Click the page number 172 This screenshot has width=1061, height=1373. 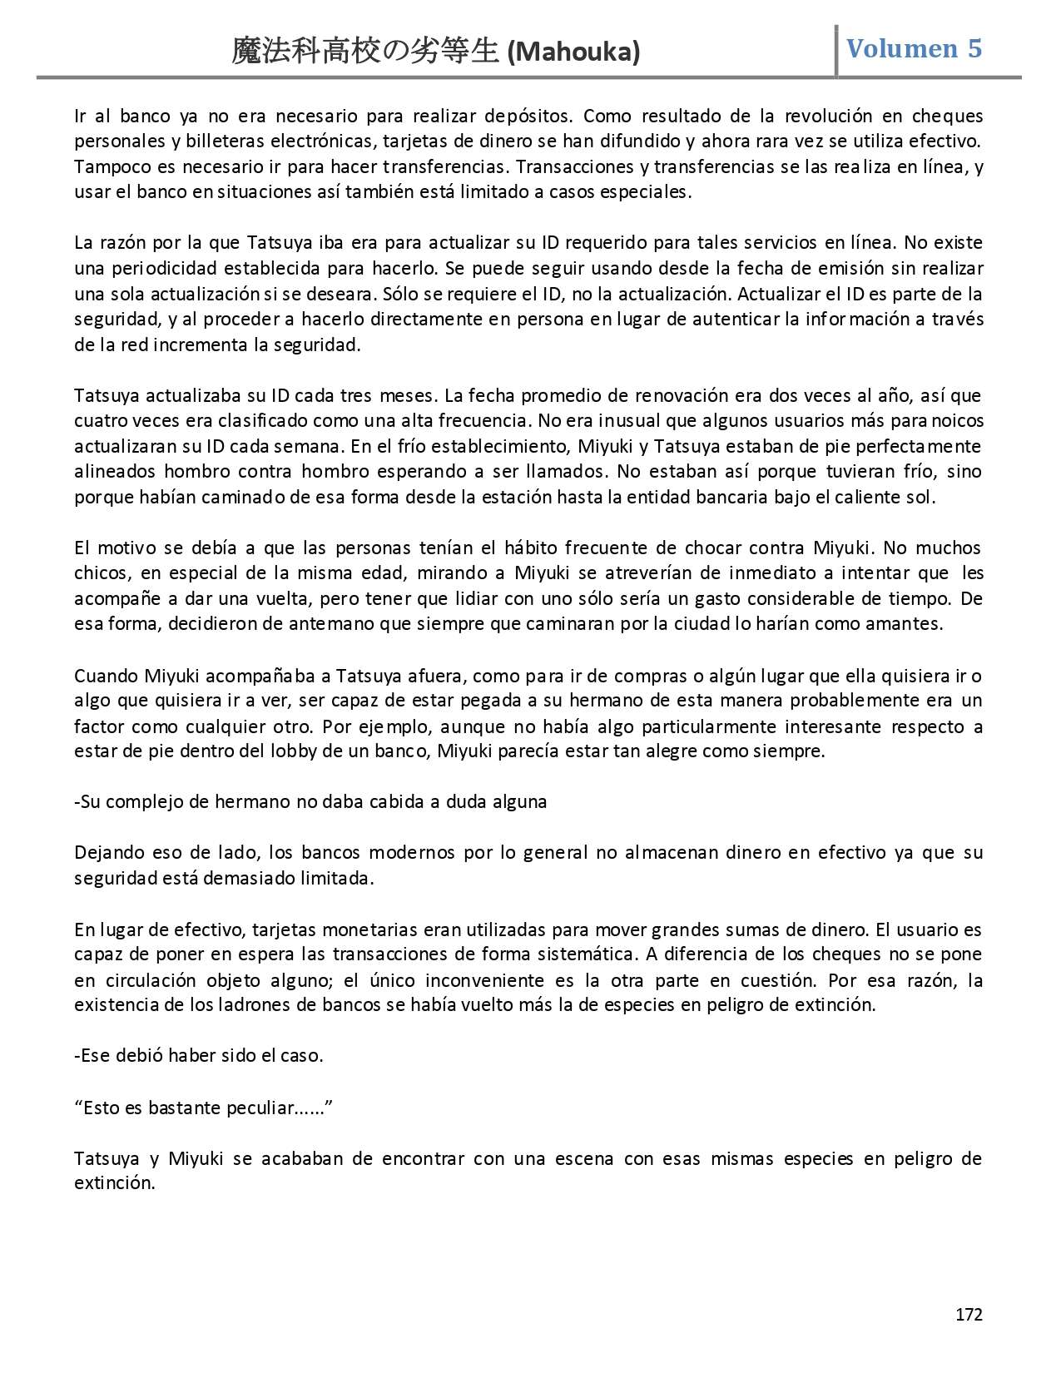(969, 1314)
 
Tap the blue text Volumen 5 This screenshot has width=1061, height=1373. (914, 49)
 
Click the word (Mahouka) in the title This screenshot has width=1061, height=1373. (573, 52)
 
